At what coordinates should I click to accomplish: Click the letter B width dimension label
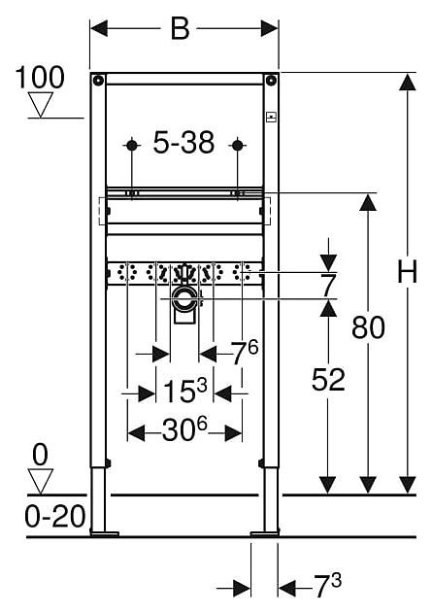[x=180, y=28]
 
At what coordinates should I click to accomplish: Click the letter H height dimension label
[x=407, y=271]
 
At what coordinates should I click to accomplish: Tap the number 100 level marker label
[x=40, y=78]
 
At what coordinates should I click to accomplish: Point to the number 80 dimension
[x=368, y=327]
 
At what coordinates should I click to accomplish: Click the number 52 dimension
[x=328, y=380]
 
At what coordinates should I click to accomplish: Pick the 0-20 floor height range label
[x=54, y=516]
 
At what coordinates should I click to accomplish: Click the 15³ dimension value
[x=184, y=391]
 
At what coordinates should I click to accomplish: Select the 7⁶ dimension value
[x=245, y=352]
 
